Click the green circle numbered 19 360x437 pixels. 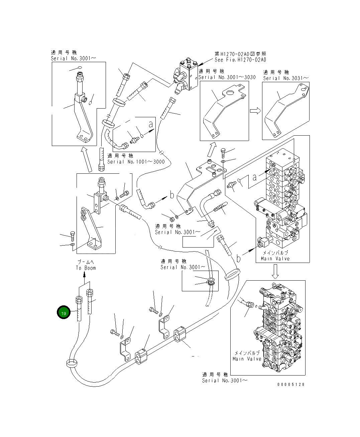[64, 313]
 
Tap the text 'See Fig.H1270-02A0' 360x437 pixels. [240, 60]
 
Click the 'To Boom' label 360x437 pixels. [86, 268]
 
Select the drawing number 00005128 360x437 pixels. [291, 385]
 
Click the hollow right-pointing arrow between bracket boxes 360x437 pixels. [255, 111]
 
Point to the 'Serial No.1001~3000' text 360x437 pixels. [136, 162]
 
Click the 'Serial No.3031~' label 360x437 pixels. [286, 78]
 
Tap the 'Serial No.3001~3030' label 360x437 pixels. [227, 77]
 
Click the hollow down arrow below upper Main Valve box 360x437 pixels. [275, 271]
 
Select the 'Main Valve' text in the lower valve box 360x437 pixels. [247, 359]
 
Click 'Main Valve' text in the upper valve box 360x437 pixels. [275, 259]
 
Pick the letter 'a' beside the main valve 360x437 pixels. [255, 177]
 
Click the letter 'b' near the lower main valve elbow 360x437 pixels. [239, 259]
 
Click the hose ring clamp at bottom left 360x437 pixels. [72, 363]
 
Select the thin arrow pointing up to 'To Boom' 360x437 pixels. [84, 277]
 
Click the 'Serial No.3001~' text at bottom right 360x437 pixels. [225, 381]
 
